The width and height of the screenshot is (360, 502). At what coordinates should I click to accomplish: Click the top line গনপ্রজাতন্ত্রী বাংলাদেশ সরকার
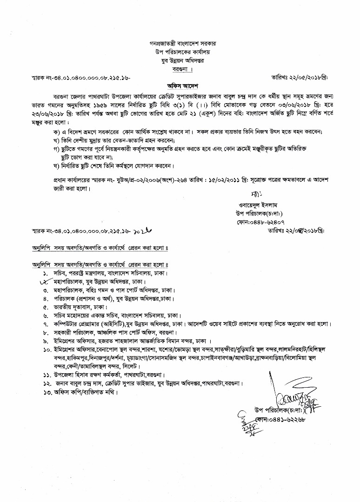coord(180,43)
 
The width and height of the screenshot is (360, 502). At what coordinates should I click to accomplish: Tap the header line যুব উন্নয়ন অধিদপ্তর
coord(180,60)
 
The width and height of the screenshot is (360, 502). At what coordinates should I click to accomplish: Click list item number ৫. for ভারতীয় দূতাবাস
coord(46,307)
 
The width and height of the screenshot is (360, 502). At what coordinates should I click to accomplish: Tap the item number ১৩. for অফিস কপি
coord(47,392)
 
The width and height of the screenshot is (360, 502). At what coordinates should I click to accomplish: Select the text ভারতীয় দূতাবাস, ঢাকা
coord(80,307)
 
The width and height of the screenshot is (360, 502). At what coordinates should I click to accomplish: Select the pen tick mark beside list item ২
coord(44,281)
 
